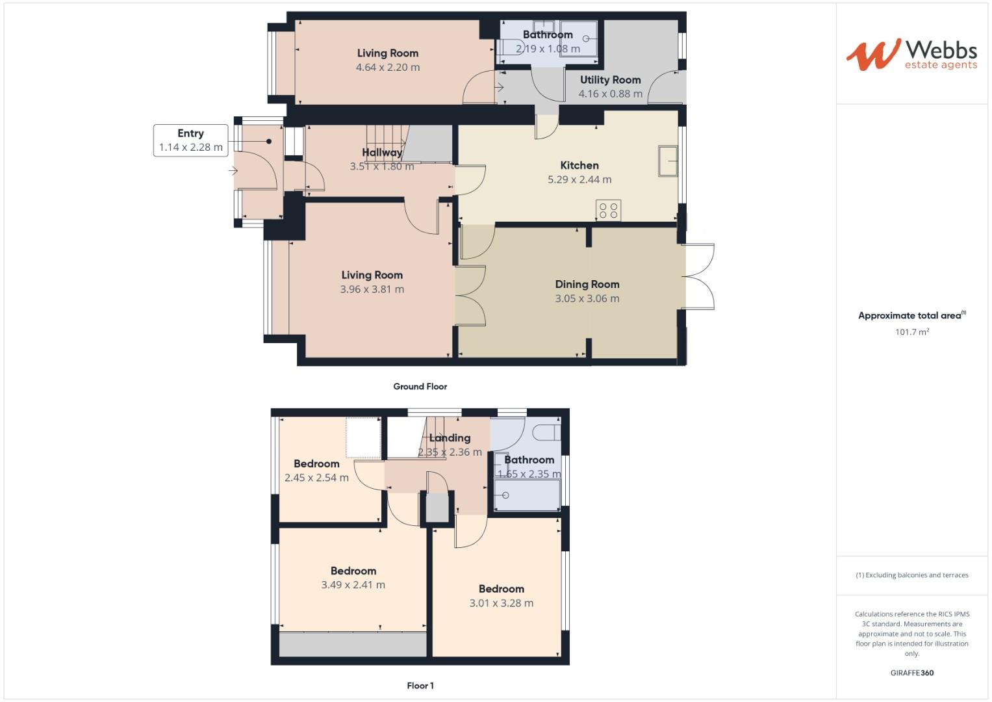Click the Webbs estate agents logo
pos(911,55)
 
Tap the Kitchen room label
pos(579,165)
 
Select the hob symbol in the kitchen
pos(609,211)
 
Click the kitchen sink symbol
pos(668,161)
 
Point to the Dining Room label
pos(587,284)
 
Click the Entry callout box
pos(190,140)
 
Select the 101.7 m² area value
pos(911,332)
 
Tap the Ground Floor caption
pos(420,386)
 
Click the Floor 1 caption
pos(420,685)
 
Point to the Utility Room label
pos(610,80)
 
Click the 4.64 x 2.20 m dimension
pos(387,68)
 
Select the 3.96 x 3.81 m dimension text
pos(372,289)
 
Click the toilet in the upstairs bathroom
pos(543,432)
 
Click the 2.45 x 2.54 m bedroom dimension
pos(316,478)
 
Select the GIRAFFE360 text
pos(911,673)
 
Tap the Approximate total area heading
pos(911,316)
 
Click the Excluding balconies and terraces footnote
pos(911,575)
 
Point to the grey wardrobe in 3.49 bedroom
pos(353,644)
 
